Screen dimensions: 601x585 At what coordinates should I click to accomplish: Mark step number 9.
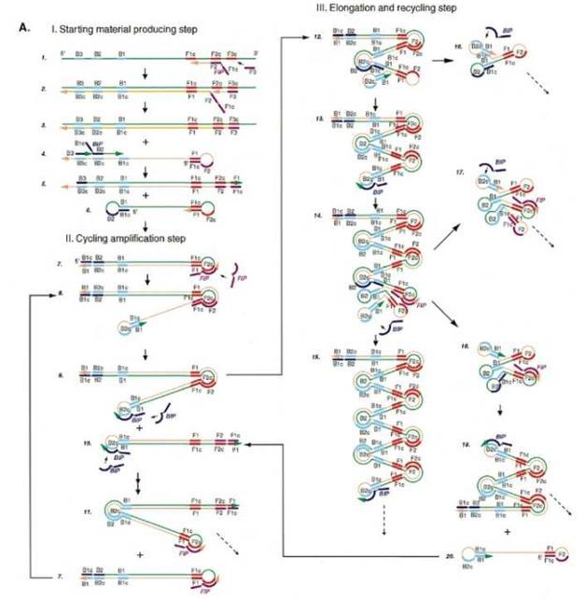coord(59,378)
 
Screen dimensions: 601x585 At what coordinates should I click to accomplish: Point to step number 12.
coord(319,37)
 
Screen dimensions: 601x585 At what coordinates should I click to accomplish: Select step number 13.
coord(319,122)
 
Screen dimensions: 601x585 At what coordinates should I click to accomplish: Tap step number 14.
coord(319,215)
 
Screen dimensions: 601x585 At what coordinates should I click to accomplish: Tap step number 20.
coord(450,556)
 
